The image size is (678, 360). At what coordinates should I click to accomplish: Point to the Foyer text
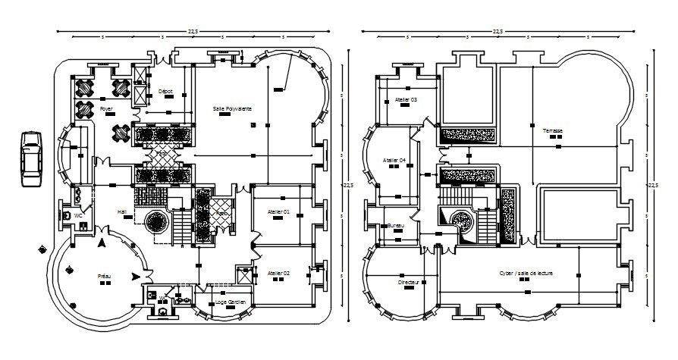pos(106,109)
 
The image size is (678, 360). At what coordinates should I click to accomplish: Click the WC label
pos(77,215)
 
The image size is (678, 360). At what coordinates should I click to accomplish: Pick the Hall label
pos(121,211)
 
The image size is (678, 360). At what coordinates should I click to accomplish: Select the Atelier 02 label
pos(278,273)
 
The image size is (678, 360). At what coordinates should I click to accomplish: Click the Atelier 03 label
pos(406,99)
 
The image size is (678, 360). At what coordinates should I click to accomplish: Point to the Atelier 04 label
pos(394,161)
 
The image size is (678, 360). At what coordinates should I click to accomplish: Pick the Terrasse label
pos(552,130)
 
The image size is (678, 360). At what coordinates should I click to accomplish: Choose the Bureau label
pos(394,226)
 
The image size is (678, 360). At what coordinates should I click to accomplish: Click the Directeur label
pos(408,282)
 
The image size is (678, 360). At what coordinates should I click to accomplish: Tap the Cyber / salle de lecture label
pos(524,273)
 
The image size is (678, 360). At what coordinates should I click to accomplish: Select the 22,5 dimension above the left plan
pos(192,30)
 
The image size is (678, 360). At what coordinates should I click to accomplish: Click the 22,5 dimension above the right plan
pos(498,30)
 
